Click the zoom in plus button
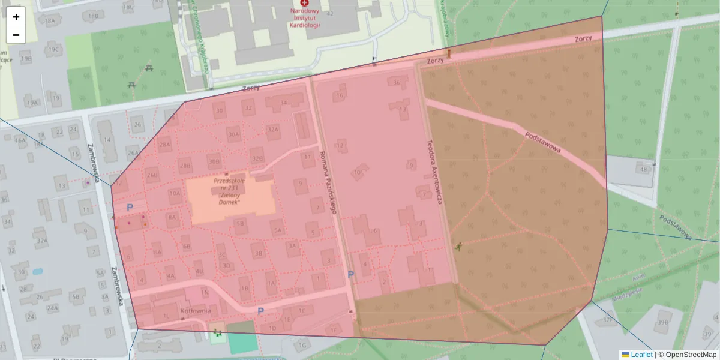coord(16,17)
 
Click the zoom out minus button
coord(16,35)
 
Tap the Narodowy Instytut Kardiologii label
coord(305,18)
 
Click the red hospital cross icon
coord(305,4)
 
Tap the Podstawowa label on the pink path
coord(542,142)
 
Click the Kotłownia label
coord(195,311)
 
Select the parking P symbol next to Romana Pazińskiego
coord(351,275)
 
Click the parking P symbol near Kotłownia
coord(260,311)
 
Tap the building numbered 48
coord(644,170)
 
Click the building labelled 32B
coord(257,158)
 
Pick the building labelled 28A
coord(164,145)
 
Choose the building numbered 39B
coord(662,322)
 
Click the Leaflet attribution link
coord(641,355)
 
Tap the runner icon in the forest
coord(458,246)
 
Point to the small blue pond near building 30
coord(37,271)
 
